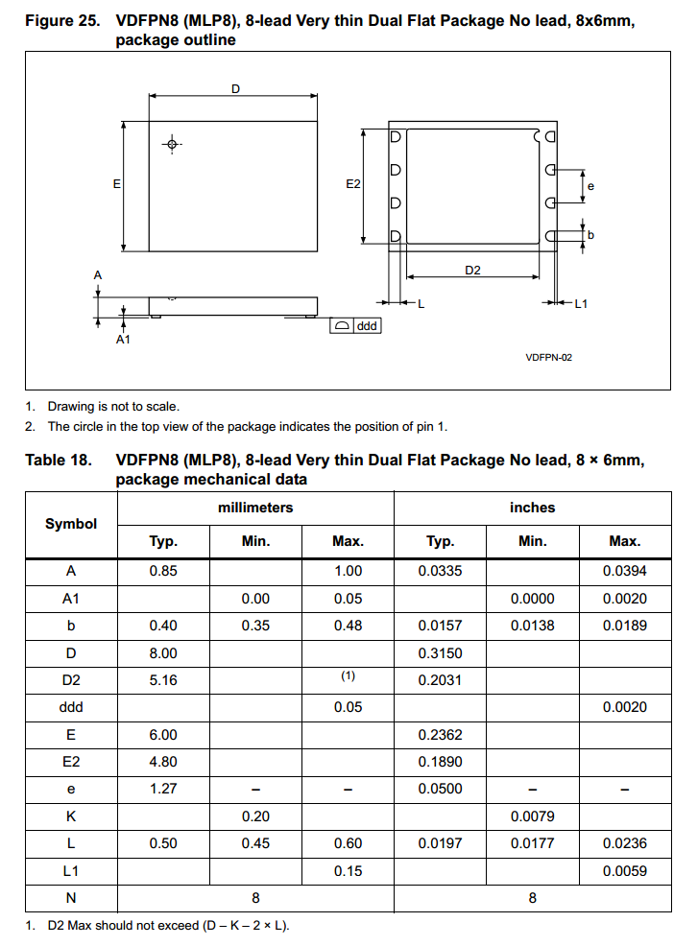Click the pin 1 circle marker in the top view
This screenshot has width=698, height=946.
pyautogui.click(x=172, y=145)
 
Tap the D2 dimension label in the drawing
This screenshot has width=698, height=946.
pyautogui.click(x=472, y=271)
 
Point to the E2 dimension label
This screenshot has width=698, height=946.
pyautogui.click(x=352, y=183)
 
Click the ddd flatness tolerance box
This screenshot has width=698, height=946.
pyautogui.click(x=355, y=326)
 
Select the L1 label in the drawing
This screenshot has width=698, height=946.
pyautogui.click(x=580, y=304)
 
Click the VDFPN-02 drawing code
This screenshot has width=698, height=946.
pyautogui.click(x=549, y=357)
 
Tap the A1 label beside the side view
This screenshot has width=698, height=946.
pyautogui.click(x=123, y=340)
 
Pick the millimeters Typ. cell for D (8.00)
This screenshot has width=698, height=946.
pyautogui.click(x=163, y=653)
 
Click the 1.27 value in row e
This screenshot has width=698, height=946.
pyautogui.click(x=163, y=789)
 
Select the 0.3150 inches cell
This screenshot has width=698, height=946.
pyautogui.click(x=440, y=653)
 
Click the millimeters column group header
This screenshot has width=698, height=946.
pyautogui.click(x=255, y=508)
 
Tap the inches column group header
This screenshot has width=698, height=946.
pyautogui.click(x=532, y=508)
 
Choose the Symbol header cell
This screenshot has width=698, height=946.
pyautogui.click(x=71, y=524)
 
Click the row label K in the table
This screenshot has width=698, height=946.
pyautogui.click(x=71, y=816)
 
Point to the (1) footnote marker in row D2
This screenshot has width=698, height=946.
pyautogui.click(x=348, y=676)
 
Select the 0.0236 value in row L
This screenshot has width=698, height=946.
pyautogui.click(x=624, y=843)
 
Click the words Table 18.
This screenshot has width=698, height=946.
pyautogui.click(x=59, y=461)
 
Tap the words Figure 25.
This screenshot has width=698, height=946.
pyautogui.click(x=62, y=22)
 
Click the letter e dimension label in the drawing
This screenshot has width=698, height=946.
pyautogui.click(x=590, y=186)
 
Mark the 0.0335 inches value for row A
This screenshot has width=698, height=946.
pyautogui.click(x=440, y=571)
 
